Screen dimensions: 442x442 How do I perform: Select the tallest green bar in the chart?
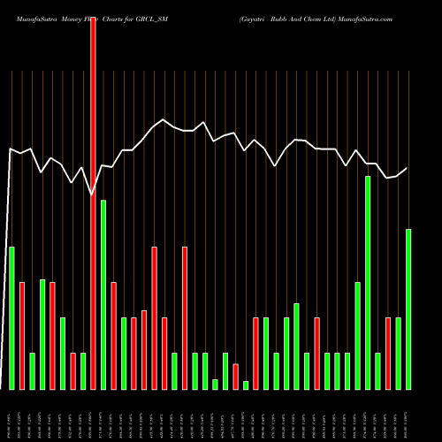click(x=368, y=283)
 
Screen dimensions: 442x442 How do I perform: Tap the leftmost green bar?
click(x=11, y=318)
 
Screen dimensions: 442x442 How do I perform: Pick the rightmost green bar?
click(x=408, y=309)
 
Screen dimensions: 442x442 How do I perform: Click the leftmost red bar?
click(x=22, y=336)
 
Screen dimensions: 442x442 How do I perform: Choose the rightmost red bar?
click(x=388, y=354)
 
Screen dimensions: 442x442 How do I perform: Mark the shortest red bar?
click(x=236, y=377)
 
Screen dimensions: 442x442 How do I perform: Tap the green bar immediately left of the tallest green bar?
click(x=358, y=336)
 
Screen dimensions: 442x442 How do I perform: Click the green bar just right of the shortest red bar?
click(x=246, y=385)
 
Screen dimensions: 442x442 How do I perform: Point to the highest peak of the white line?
click(x=163, y=119)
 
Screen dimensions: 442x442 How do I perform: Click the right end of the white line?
click(x=408, y=168)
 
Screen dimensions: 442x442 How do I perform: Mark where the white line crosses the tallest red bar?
click(x=93, y=194)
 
